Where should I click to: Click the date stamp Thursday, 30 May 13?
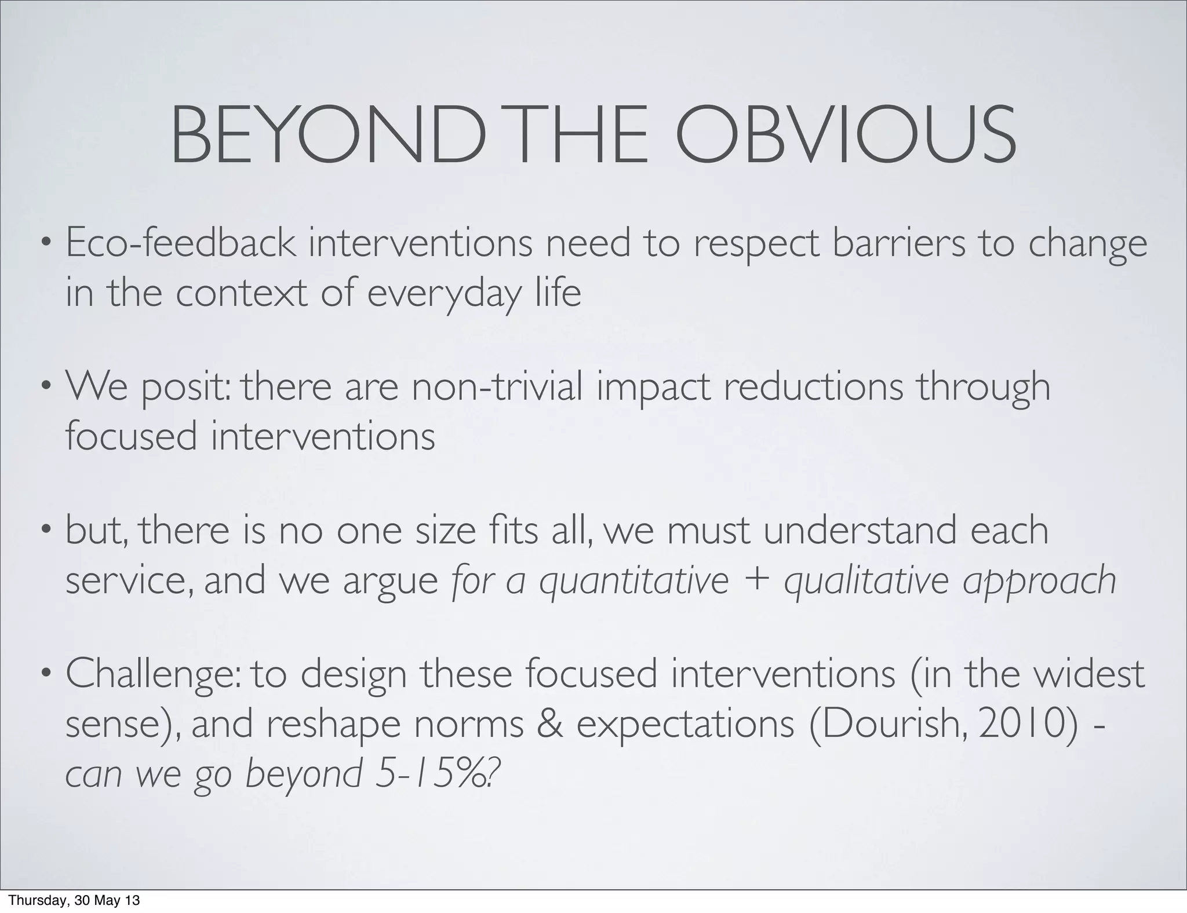(x=75, y=900)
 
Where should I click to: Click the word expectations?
(x=686, y=725)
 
